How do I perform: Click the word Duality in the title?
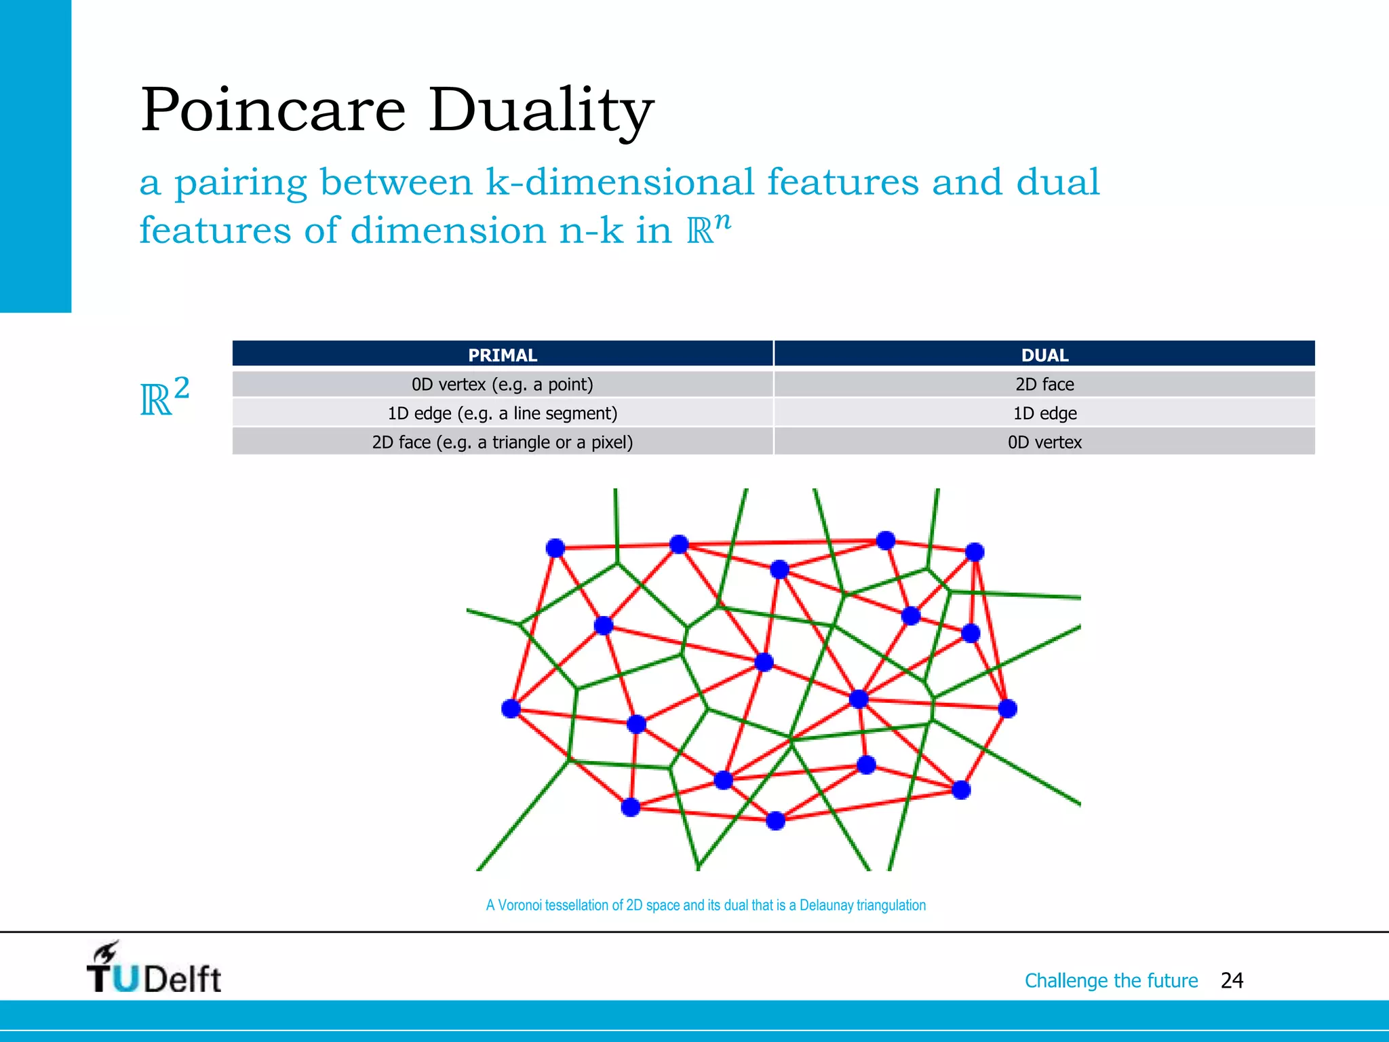tap(540, 111)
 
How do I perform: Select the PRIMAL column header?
tap(502, 355)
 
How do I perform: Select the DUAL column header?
tap(1044, 355)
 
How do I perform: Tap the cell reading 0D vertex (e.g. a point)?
tap(502, 385)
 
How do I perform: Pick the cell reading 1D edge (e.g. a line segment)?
tap(502, 413)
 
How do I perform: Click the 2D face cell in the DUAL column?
tap(1044, 385)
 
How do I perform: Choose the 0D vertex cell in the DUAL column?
tap(1044, 442)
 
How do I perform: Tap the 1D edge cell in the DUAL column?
tap(1044, 413)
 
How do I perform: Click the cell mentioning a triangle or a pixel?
tap(502, 442)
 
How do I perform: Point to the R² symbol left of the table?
tap(163, 398)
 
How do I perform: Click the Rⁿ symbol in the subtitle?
tap(708, 229)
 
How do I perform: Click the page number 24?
tap(1231, 980)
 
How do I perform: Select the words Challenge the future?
tap(1111, 980)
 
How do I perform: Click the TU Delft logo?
tap(154, 969)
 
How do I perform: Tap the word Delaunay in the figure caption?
tap(826, 905)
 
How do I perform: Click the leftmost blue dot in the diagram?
tap(511, 709)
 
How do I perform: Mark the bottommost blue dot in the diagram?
tap(775, 821)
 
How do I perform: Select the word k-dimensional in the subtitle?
tap(619, 182)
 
